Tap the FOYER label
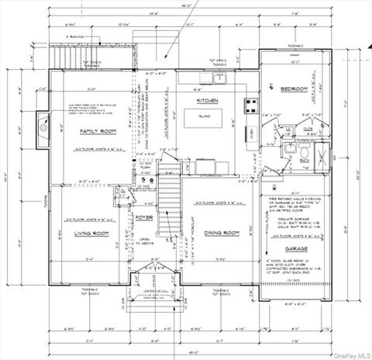[145, 217]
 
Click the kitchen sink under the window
[219, 78]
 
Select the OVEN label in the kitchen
[248, 131]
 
